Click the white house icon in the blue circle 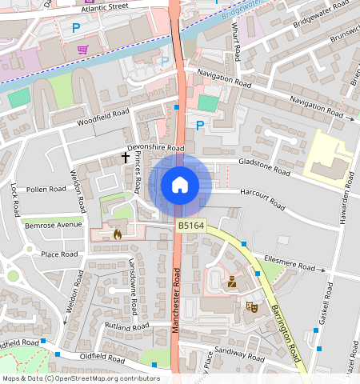click(180, 186)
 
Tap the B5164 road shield click(190, 228)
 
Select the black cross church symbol click(126, 158)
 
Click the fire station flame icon click(118, 235)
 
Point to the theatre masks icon click(250, 306)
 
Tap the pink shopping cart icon click(82, 50)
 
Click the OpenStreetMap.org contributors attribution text click(116, 378)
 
